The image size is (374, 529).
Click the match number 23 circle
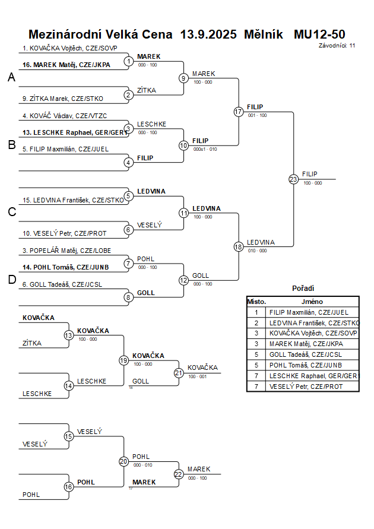pos(293,179)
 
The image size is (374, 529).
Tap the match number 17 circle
pos(239,112)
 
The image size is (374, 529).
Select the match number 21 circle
pos(179,373)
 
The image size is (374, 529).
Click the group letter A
pos(11,77)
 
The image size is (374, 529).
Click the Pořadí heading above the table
pos(303,288)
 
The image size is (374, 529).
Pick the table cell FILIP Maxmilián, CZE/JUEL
pos(309,312)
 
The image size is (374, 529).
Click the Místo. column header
pos(256,302)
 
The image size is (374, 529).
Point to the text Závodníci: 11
pos(337,45)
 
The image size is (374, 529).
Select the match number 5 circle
pos(128,196)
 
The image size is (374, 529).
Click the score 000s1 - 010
pos(205,149)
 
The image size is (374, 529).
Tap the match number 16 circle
pos(69,486)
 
